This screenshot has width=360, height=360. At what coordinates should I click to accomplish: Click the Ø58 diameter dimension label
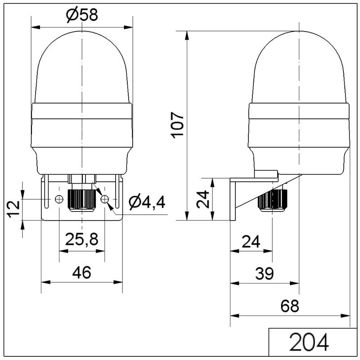pos(82,15)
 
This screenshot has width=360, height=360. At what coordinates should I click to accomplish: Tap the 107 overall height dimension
pos(177,125)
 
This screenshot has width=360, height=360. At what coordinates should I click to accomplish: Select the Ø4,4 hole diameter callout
pos(147,202)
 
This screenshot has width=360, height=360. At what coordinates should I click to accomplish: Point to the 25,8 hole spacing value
pos(82,239)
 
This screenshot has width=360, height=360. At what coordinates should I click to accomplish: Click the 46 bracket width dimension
pos(82,272)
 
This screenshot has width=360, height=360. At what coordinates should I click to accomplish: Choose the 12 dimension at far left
pos(14,209)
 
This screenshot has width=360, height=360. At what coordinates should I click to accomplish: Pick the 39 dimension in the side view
pos(265,274)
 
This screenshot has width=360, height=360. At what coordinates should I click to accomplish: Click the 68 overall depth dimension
pos(290,306)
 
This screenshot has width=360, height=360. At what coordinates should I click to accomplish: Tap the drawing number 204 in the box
pos(309,342)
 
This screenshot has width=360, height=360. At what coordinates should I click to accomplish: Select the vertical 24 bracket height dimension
pos(203,199)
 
